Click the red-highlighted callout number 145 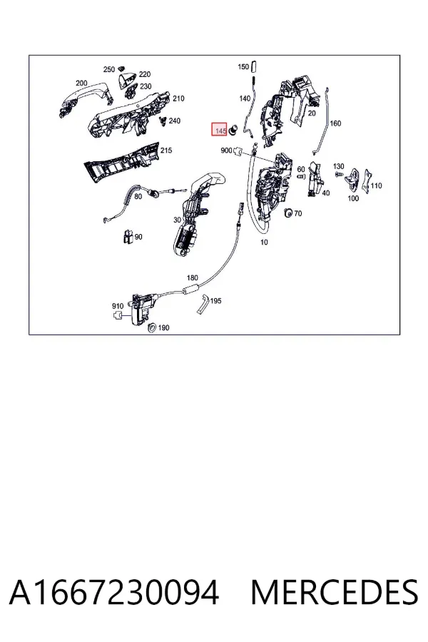coord(220,131)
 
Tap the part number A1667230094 coord(114,593)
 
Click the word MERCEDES coord(335,593)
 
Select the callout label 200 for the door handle coord(81,83)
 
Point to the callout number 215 coord(166,151)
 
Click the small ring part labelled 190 coord(151,327)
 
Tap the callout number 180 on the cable coord(192,277)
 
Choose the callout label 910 coord(118,306)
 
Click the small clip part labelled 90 coord(128,237)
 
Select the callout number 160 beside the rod coord(335,123)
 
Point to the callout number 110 coord(376,185)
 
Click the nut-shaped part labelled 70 coord(288,213)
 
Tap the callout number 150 coord(243,66)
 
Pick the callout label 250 coord(109,69)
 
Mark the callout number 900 coord(226,151)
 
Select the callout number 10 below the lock coord(264,242)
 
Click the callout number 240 coord(175,121)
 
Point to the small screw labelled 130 coord(338,174)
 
